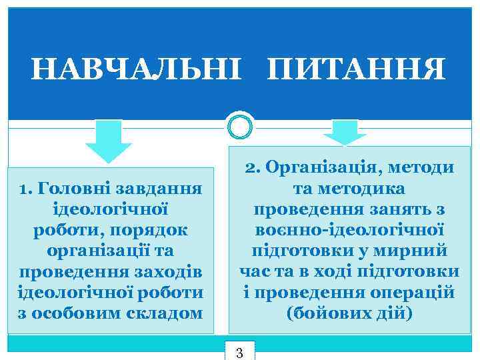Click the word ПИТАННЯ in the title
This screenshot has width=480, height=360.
coord(356,69)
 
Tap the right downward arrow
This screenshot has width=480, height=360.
coord(345,133)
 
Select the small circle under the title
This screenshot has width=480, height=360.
coord(240,125)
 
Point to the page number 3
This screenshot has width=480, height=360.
coord(240,352)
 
